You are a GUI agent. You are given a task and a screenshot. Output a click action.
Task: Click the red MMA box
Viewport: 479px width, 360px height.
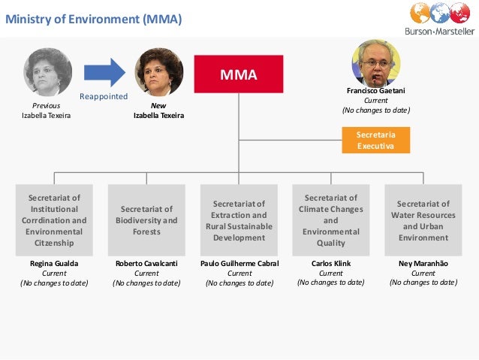pos(239,74)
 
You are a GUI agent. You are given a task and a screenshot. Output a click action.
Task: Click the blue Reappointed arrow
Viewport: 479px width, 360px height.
pos(104,72)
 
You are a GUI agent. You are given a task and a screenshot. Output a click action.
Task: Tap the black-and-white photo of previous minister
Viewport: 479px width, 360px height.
pos(47,72)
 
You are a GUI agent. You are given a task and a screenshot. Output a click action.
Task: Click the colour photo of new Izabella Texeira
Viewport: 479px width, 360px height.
pos(159,72)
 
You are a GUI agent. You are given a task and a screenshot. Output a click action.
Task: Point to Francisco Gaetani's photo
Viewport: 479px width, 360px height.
pos(375,62)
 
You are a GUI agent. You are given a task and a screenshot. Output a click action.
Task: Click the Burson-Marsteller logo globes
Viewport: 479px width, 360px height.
pos(440,14)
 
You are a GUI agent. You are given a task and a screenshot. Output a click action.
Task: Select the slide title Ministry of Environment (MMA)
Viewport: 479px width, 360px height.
pos(94,19)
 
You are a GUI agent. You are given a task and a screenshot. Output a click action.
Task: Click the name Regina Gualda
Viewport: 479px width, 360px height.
pos(53,264)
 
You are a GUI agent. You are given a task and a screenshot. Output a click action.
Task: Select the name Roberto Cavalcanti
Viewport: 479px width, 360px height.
pos(147,264)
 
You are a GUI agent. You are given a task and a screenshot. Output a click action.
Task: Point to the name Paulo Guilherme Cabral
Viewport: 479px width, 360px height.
pos(239,264)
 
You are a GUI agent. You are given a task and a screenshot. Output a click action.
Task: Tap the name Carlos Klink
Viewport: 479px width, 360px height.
pos(331,263)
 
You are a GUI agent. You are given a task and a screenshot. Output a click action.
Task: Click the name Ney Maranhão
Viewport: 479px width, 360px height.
pos(423,263)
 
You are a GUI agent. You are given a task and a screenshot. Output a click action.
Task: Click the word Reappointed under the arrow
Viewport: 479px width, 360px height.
pos(104,97)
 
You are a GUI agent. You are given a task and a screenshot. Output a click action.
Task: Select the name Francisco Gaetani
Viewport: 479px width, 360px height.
pos(375,91)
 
